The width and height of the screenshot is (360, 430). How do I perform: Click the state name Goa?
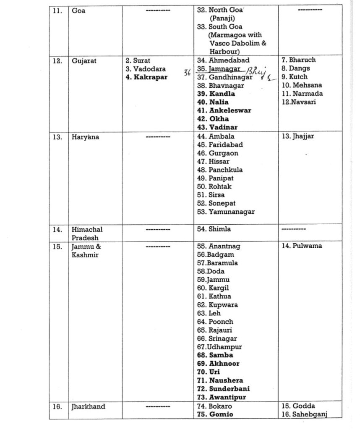tap(78, 10)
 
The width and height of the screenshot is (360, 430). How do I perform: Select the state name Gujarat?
tap(84, 61)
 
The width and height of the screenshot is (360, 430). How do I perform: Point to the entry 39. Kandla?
tap(216, 94)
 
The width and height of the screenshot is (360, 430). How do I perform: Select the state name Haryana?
tap(86, 137)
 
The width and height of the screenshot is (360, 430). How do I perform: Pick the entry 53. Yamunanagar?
tap(226, 212)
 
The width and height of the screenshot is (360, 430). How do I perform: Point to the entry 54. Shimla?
tap(214, 229)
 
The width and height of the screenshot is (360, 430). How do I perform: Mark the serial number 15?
tap(57, 246)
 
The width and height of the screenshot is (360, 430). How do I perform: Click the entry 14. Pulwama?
tap(302, 246)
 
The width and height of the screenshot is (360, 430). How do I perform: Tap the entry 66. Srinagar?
tap(217, 338)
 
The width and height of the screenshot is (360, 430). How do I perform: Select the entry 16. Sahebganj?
tap(305, 415)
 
